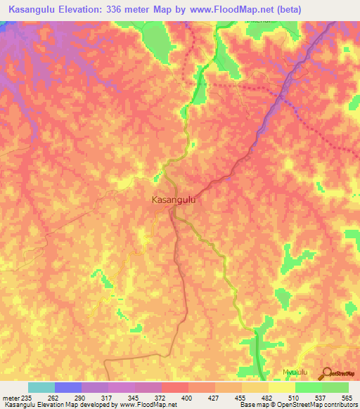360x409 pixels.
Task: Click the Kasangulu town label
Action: click(x=173, y=200)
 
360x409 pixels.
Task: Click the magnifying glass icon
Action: click(x=328, y=373)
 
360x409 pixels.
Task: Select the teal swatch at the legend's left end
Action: click(x=41, y=387)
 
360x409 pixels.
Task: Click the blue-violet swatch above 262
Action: click(x=68, y=387)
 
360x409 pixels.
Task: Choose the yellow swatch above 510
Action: click(x=282, y=387)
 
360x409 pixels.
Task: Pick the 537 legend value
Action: click(x=321, y=397)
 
